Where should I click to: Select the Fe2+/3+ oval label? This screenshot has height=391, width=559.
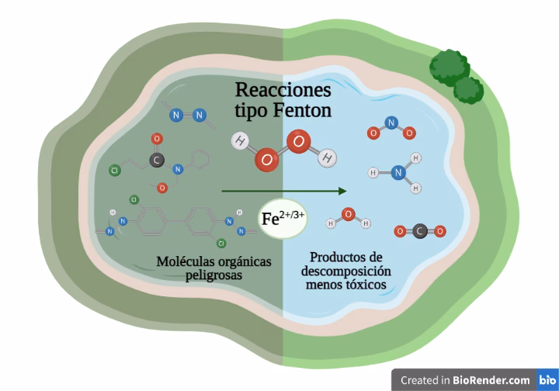coord(283,219)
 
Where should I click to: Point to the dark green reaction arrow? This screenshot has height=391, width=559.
coord(283,190)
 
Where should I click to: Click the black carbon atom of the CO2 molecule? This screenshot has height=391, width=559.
coord(419,231)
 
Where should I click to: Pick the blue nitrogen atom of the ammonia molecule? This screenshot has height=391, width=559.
coord(398,173)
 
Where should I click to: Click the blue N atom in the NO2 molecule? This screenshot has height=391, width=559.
coord(391,122)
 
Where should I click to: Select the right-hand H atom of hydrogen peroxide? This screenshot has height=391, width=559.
coord(328,158)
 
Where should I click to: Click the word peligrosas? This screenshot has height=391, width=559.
coord(214,275)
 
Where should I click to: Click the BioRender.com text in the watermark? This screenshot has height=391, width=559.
coord(492,380)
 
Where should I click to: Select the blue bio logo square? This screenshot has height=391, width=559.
coord(547,380)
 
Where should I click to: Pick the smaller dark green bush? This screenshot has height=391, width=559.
coord(468,90)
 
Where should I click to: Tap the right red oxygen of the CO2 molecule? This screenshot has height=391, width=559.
coord(440,231)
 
